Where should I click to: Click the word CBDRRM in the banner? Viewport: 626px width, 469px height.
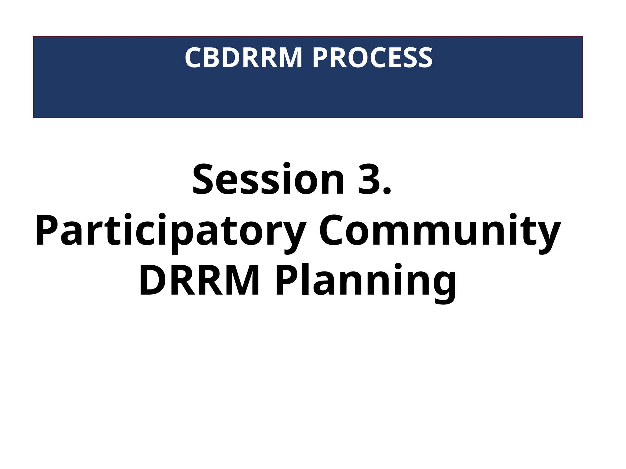(x=243, y=58)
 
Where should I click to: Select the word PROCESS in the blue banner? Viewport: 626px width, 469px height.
(x=372, y=58)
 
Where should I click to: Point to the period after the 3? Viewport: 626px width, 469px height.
(x=386, y=191)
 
